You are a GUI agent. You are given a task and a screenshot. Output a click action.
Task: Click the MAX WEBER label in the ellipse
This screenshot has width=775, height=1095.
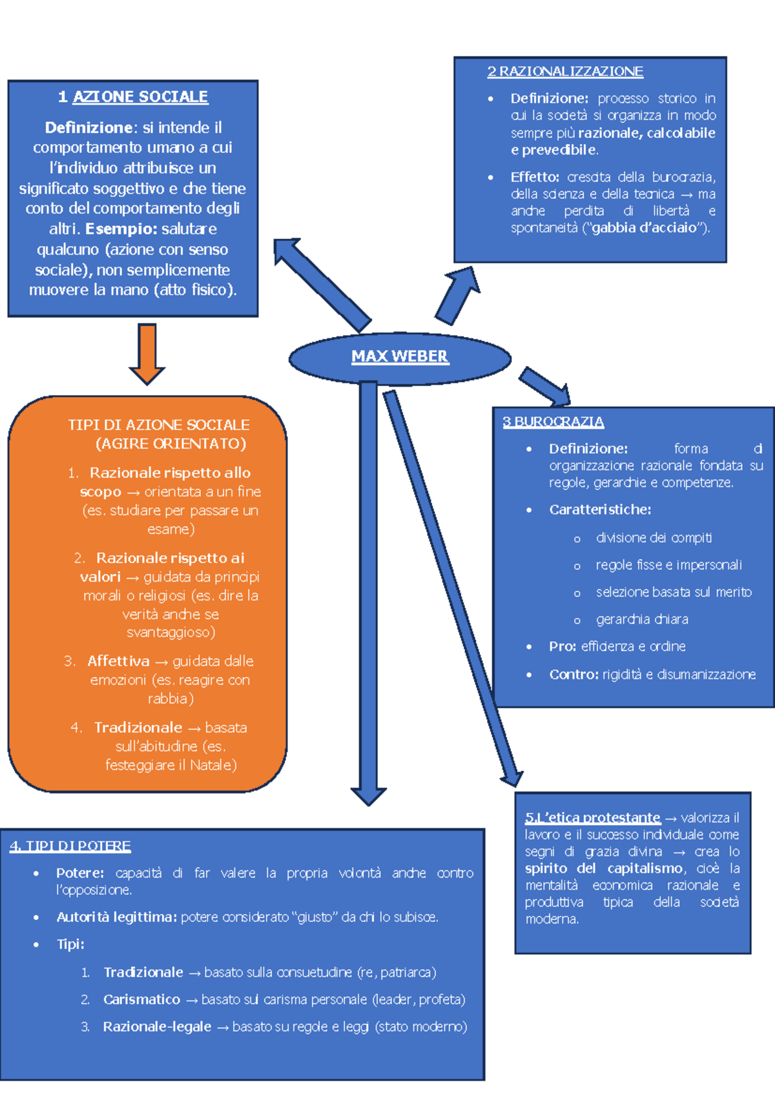click(x=399, y=356)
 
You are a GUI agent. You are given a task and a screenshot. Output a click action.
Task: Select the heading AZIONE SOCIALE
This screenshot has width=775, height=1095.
click(x=140, y=97)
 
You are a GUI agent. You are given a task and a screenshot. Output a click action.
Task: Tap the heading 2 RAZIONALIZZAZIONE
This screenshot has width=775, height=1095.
click(x=565, y=72)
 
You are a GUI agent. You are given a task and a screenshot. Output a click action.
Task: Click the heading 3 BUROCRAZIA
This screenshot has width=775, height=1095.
click(x=553, y=422)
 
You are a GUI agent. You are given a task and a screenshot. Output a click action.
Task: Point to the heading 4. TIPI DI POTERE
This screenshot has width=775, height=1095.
click(x=70, y=846)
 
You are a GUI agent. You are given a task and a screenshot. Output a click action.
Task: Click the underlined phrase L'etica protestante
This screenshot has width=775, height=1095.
click(x=593, y=818)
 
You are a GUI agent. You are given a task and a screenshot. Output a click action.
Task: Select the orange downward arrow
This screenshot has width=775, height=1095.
click(x=147, y=354)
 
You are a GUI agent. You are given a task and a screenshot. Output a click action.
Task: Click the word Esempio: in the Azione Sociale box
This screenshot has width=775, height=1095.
click(x=121, y=229)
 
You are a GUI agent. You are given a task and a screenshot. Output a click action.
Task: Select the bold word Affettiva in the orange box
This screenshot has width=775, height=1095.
click(x=119, y=661)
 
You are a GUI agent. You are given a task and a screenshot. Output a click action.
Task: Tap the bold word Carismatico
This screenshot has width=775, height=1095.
click(x=142, y=999)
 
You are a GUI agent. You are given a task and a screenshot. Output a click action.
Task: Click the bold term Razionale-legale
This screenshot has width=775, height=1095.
click(x=158, y=1027)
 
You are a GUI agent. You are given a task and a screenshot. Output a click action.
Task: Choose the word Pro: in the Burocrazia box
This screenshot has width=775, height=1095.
click(x=563, y=646)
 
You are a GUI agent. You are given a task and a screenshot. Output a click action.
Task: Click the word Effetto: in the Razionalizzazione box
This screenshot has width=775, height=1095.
click(x=535, y=177)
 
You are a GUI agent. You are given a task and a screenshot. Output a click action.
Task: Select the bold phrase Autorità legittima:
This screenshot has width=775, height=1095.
click(x=117, y=917)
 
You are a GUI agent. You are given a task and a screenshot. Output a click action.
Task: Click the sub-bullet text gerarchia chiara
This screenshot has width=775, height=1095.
click(x=642, y=620)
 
